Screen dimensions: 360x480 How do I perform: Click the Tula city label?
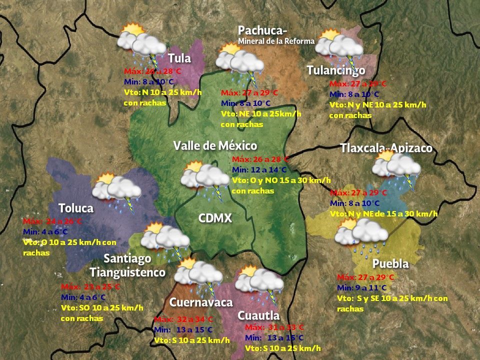pos(179,58)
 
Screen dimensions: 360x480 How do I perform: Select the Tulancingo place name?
pos(336,70)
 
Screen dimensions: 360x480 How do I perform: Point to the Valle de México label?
pos(215,146)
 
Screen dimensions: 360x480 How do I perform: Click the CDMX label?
pos(215,218)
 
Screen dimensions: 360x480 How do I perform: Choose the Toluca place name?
pos(76,207)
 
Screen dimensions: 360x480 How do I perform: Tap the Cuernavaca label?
pos(201,302)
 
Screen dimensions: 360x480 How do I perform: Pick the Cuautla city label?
pos(258,315)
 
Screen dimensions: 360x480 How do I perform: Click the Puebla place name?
pos(390,263)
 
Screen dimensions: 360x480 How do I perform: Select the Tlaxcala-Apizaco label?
pos(386,148)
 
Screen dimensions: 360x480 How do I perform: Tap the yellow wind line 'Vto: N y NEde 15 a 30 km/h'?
pos(383,213)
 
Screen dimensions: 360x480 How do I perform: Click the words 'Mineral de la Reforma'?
pos(276,41)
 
